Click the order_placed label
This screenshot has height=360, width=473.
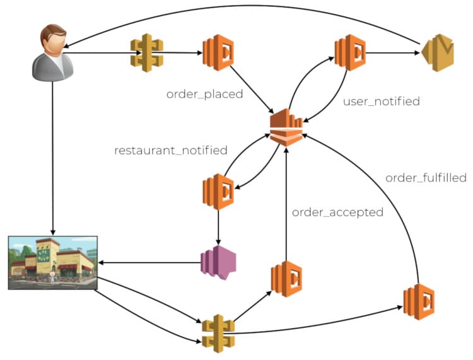tap(204, 94)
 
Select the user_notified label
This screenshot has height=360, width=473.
tap(382, 102)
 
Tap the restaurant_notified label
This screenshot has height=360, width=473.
tap(171, 150)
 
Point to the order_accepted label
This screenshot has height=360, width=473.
tap(337, 212)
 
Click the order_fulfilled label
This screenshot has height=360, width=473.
tap(426, 178)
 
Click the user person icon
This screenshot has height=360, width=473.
tap(53, 53)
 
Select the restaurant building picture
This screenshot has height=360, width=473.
tap(53, 263)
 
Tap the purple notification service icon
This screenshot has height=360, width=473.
tap(218, 263)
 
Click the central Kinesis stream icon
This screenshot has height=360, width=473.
tap(286, 127)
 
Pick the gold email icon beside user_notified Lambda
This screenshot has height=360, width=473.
tap(438, 53)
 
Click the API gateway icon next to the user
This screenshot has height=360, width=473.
tap(147, 53)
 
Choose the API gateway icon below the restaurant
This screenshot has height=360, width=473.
tap(218, 334)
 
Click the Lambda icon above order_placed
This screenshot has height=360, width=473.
tap(218, 52)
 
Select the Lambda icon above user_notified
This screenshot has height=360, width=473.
tap(350, 52)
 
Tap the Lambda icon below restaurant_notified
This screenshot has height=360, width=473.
tap(218, 192)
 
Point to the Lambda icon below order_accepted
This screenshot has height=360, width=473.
tap(286, 279)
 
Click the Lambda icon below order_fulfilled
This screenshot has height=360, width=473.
tap(419, 301)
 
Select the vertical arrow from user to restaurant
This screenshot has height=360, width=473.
tap(53, 158)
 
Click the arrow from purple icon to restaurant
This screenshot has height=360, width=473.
tap(149, 263)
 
